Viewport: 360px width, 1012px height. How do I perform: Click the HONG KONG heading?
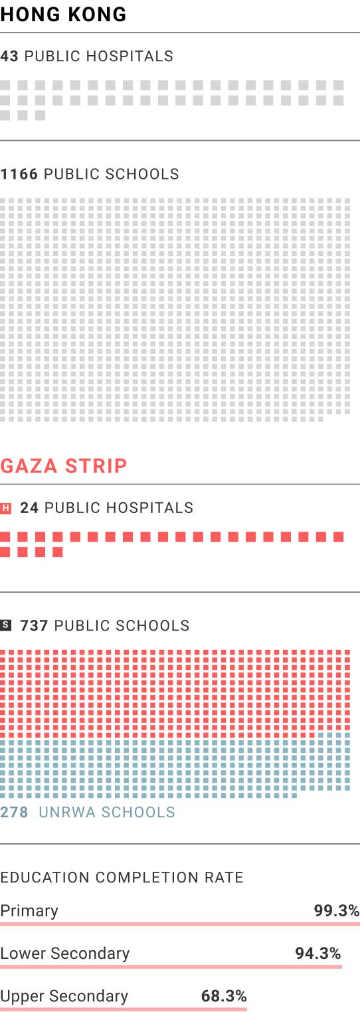tap(63, 15)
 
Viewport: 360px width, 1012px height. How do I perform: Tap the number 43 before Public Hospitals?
tap(9, 56)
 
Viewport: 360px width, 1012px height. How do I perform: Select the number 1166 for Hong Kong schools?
tap(19, 174)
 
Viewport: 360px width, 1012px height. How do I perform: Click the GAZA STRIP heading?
tap(64, 466)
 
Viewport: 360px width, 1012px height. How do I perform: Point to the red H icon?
tap(5, 508)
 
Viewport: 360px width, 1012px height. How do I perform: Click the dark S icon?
tap(5, 625)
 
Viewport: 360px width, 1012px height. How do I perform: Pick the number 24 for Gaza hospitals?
tap(29, 508)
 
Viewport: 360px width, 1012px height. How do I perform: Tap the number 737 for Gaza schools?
tap(35, 626)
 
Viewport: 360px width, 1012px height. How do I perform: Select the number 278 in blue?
tap(14, 812)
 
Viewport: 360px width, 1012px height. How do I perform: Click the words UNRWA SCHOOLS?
tap(107, 812)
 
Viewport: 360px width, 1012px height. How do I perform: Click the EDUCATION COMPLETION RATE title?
tap(122, 877)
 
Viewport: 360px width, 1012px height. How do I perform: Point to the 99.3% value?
tap(337, 910)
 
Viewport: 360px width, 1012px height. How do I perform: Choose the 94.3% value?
tap(318, 953)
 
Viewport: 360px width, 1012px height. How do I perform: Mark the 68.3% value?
tap(224, 995)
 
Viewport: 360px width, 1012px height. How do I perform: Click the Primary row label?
tap(29, 911)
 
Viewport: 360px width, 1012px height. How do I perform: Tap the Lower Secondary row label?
tap(65, 954)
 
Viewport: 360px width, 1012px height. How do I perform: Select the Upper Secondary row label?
tap(64, 996)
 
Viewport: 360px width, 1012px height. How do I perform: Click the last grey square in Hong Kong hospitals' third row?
tap(41, 115)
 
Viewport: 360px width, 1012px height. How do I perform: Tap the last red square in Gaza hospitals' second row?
tap(57, 552)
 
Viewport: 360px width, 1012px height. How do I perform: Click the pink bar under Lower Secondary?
tap(171, 966)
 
